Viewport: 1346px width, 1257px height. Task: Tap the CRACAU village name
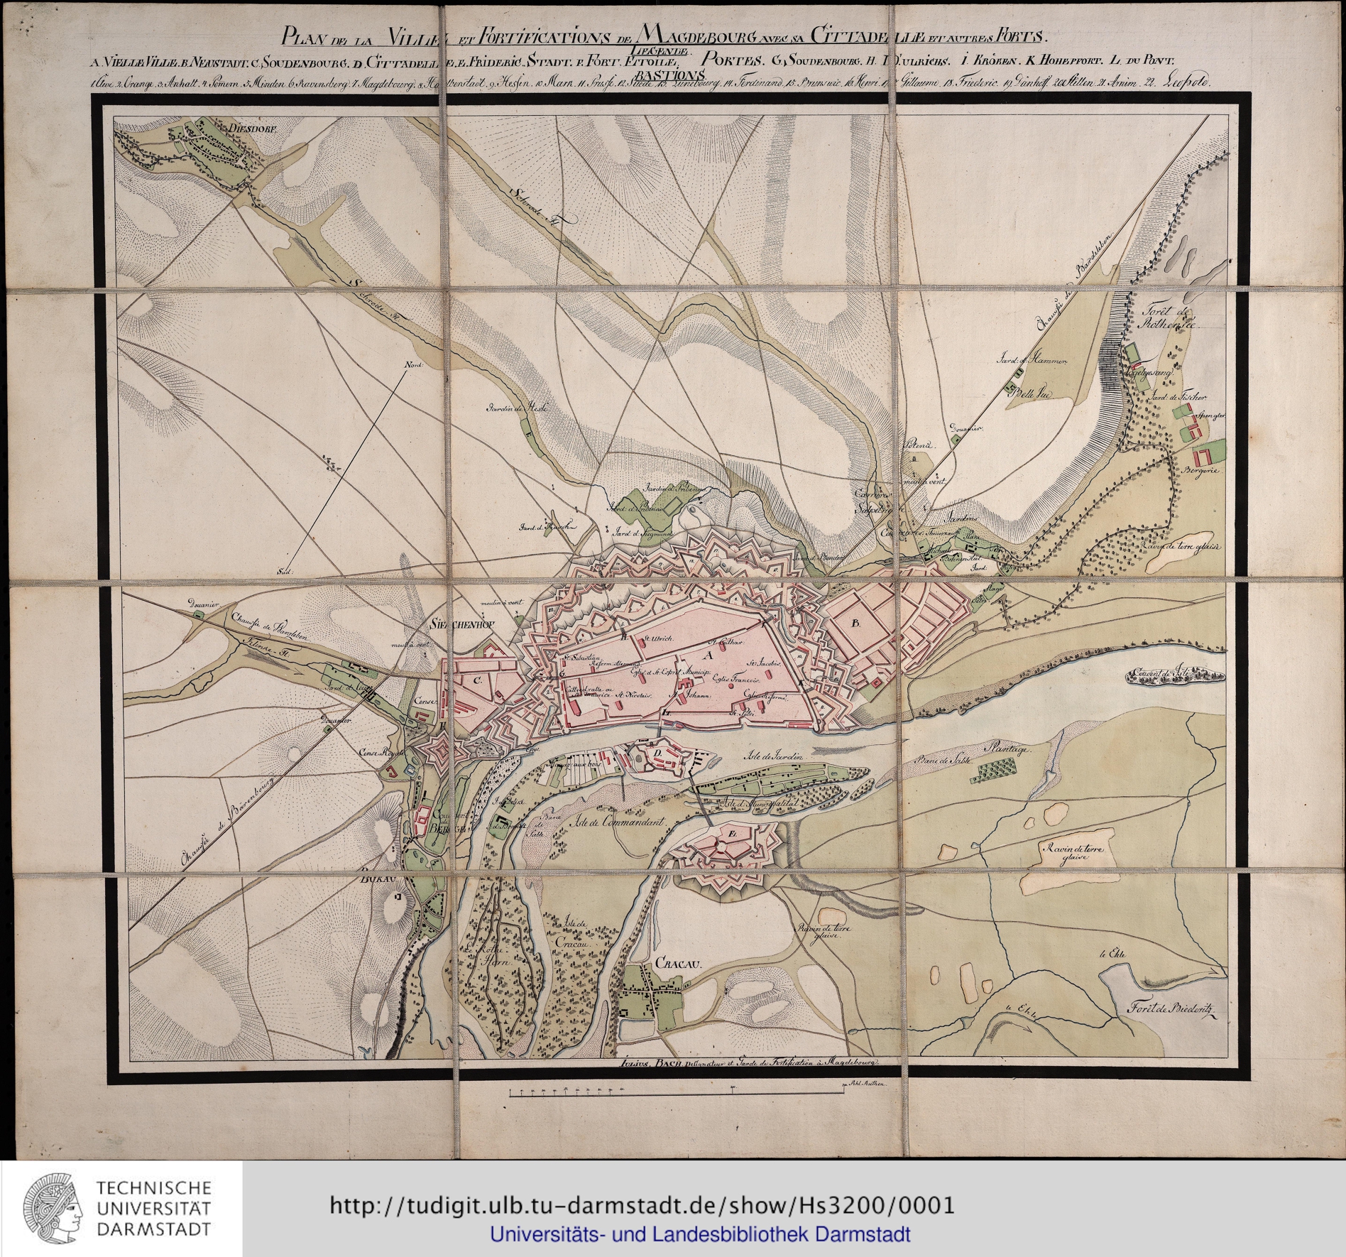tap(678, 964)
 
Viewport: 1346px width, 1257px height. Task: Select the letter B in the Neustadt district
tap(855, 624)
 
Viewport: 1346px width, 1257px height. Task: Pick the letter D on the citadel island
tap(657, 752)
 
